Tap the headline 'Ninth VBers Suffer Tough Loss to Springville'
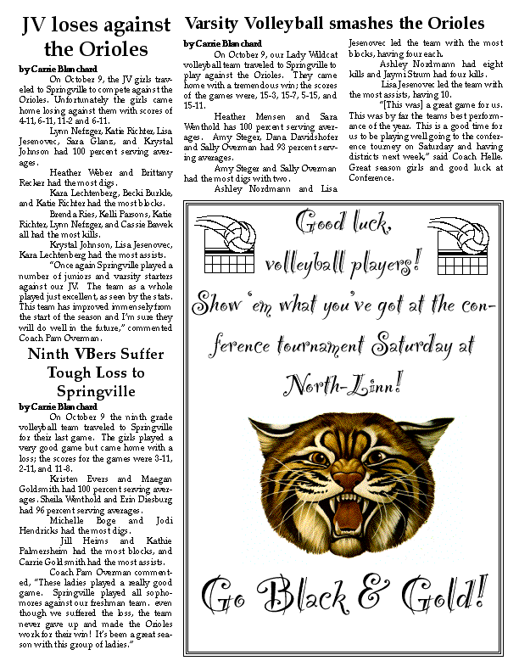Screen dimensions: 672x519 pyautogui.click(x=83, y=372)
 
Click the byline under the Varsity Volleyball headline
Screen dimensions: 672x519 pyautogui.click(x=222, y=43)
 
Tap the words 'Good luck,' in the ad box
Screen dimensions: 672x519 pyautogui.click(x=343, y=223)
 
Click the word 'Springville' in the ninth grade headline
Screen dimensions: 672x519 pyautogui.click(x=83, y=391)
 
